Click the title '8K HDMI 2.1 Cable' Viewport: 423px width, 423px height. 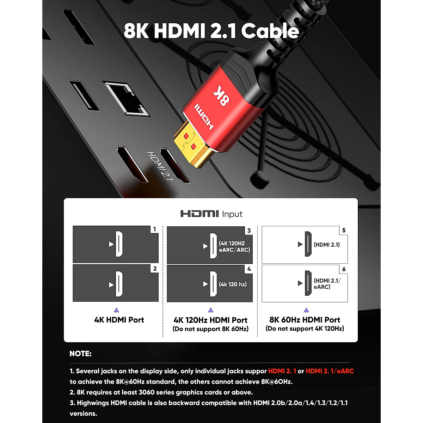pyautogui.click(x=211, y=31)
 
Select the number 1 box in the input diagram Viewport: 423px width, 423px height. pyautogui.click(x=154, y=229)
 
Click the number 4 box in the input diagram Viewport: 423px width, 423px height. pyautogui.click(x=249, y=269)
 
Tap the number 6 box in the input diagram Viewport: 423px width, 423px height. pyautogui.click(x=344, y=269)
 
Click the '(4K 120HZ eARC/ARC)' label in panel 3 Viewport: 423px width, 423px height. pyautogui.click(x=234, y=246)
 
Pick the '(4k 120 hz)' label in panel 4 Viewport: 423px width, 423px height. pyautogui.click(x=233, y=284)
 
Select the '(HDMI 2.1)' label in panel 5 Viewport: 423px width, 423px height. pyautogui.click(x=327, y=245)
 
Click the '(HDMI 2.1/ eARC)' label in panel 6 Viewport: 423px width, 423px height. pyautogui.click(x=327, y=284)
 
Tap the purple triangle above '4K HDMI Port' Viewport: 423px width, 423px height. pyautogui.click(x=116, y=310)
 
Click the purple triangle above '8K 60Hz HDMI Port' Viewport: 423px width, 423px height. pyautogui.click(x=306, y=310)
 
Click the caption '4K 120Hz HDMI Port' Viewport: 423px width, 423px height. pyautogui.click(x=210, y=320)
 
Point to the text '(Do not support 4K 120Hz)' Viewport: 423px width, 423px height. pyautogui.click(x=305, y=329)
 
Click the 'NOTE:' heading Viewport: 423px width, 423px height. pyautogui.click(x=80, y=354)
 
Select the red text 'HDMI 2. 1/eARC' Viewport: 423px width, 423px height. pyautogui.click(x=330, y=371)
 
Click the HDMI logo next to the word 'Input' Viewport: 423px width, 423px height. pyautogui.click(x=200, y=214)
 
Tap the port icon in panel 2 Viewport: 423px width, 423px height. pyautogui.click(x=119, y=284)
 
